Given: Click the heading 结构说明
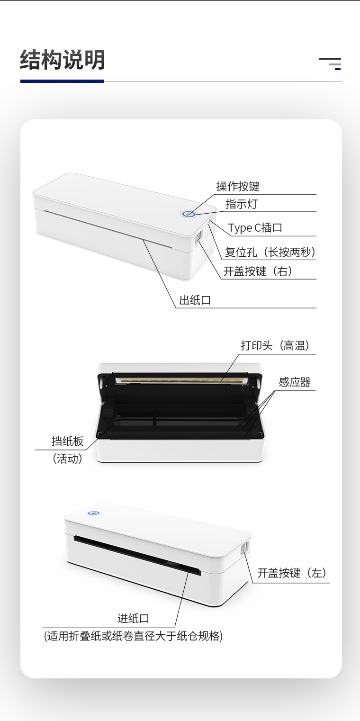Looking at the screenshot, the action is click(62, 60).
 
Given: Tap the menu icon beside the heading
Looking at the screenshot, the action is click(330, 63).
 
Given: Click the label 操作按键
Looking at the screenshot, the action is click(238, 187).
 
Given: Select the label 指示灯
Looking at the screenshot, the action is click(242, 204).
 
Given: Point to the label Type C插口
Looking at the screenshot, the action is click(255, 228).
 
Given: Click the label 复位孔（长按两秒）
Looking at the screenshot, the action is click(270, 252).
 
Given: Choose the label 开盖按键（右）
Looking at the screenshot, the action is click(258, 271).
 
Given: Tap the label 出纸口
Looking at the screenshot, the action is click(195, 300).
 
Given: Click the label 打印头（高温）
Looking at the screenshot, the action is click(278, 345).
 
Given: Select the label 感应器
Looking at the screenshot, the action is click(295, 382).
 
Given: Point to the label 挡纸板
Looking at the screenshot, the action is click(67, 442).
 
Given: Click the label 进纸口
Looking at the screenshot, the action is click(133, 618).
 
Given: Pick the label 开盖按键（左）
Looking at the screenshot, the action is click(292, 573).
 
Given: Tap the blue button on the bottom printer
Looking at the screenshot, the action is click(93, 513).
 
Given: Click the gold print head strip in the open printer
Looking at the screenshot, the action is click(180, 380).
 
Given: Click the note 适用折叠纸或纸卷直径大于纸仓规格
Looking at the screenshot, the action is click(133, 636).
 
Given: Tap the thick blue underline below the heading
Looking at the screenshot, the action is click(62, 81).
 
